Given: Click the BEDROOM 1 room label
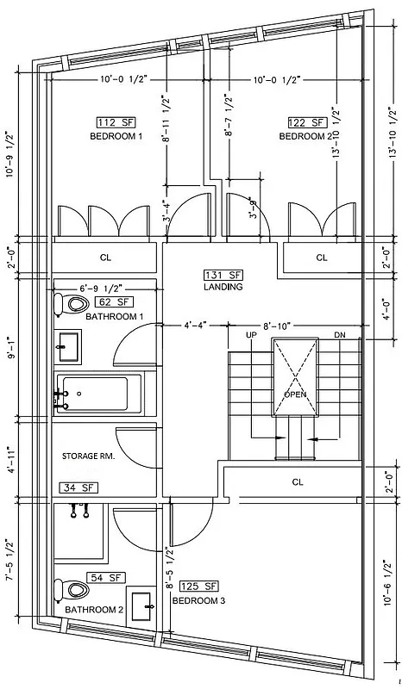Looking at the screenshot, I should pos(116,137).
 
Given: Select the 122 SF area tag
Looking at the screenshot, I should pos(305,123).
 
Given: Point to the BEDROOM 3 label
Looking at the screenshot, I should pos(198,600).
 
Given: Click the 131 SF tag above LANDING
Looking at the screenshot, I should pos(223,274).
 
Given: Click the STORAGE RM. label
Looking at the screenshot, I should pos(88,456).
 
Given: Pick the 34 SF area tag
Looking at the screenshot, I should pos(79,487).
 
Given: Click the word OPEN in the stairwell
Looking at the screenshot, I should pos(295,394).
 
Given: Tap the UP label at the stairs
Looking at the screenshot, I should pos(252,334).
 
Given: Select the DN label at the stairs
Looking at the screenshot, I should pos(338,334).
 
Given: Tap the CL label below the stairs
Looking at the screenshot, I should pos(298,483).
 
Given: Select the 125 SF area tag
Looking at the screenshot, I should pos(197,587).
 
